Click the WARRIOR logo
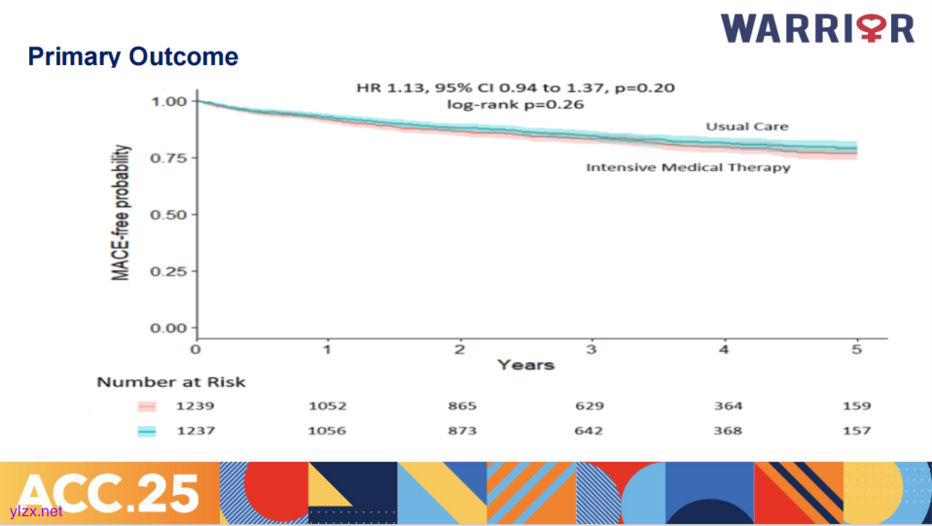click(x=817, y=27)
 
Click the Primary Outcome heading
click(x=133, y=56)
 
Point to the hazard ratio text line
click(x=516, y=88)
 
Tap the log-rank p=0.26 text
click(x=516, y=105)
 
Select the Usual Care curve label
click(x=747, y=126)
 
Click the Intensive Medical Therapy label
click(x=688, y=167)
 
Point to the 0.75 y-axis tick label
click(x=167, y=158)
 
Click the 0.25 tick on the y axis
click(x=167, y=271)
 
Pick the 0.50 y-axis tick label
click(x=167, y=214)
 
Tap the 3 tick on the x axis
click(x=591, y=349)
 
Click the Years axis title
click(x=525, y=365)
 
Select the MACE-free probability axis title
click(x=122, y=213)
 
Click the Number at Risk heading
click(x=171, y=382)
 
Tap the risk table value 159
click(x=857, y=406)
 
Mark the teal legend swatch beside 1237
click(x=147, y=431)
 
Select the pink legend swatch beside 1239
click(x=147, y=406)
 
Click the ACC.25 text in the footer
click(x=108, y=492)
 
